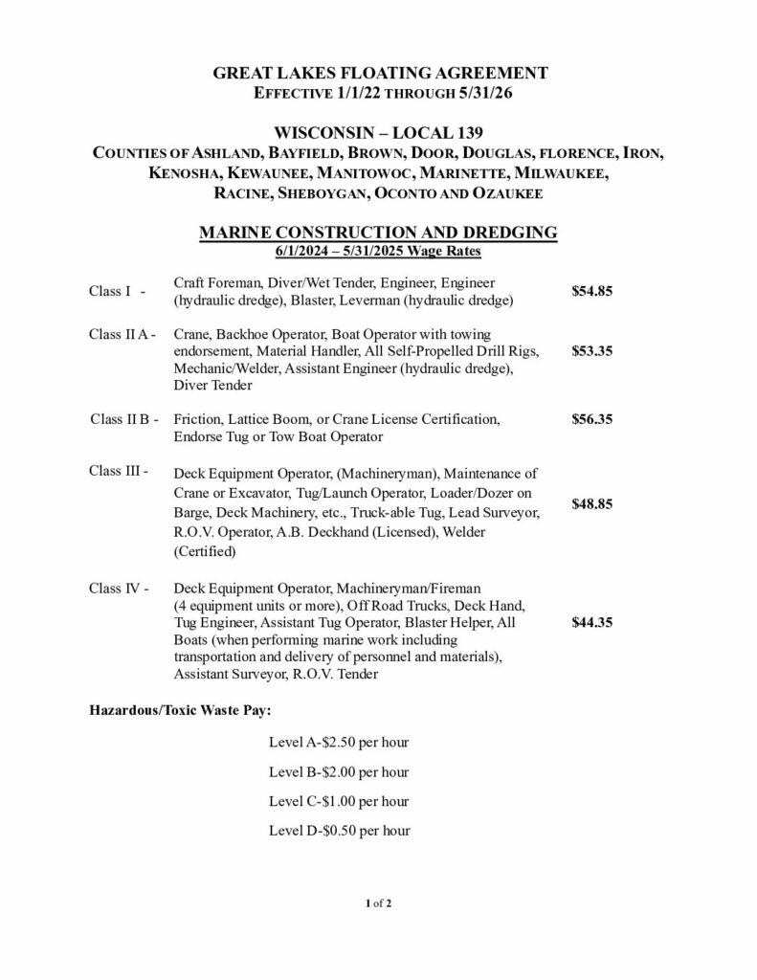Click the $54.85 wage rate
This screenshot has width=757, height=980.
point(590,291)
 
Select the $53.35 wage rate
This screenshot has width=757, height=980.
point(590,351)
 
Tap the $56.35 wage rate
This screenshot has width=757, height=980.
point(590,419)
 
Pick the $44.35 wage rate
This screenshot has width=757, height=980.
point(590,622)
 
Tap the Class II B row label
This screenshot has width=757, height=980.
point(122,419)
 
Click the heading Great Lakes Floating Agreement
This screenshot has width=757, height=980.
point(379,73)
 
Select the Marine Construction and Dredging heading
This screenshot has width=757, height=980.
point(378,233)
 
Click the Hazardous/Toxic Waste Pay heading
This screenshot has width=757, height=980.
point(181,711)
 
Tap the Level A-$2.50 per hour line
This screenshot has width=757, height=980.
point(339,743)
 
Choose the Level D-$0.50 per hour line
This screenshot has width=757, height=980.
point(339,830)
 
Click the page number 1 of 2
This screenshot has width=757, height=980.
point(378,902)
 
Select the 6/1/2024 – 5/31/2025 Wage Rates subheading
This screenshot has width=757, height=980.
point(378,251)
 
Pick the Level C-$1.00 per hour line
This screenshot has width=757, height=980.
point(339,801)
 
